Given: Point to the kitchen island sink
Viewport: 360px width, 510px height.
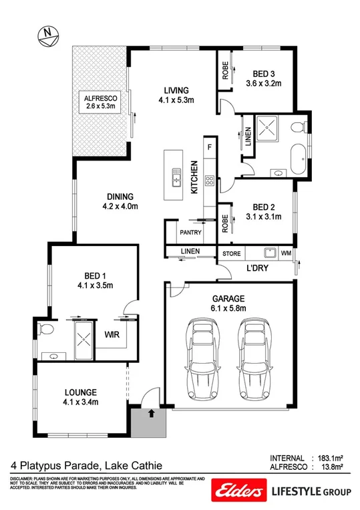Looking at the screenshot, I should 177,178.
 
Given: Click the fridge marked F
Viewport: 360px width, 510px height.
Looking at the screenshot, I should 209,146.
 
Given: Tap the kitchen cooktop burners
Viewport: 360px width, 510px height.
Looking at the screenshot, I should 208,179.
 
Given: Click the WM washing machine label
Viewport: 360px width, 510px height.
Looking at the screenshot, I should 286,253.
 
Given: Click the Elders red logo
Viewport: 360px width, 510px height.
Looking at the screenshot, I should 238,489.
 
